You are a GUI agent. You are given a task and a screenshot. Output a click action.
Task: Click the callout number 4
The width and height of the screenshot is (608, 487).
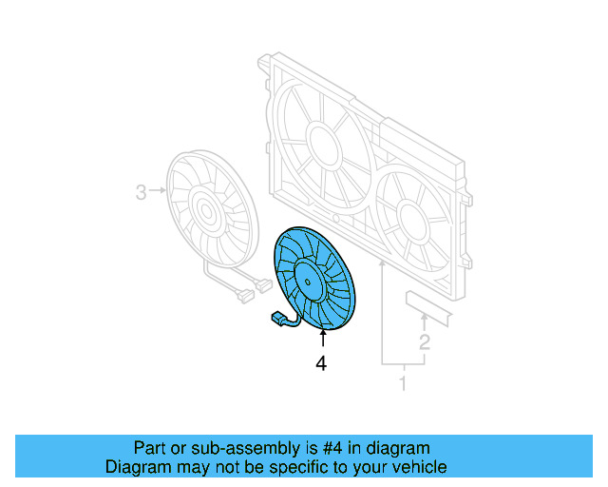[x=321, y=362]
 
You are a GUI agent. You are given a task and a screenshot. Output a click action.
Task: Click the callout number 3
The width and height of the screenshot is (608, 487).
[x=141, y=193]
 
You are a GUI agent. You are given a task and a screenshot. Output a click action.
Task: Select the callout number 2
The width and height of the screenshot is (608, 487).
[x=425, y=342]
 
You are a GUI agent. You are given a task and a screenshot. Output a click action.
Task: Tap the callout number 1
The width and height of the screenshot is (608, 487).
[x=402, y=384]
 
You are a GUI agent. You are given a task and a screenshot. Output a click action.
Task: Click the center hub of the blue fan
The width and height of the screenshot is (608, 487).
[x=308, y=278]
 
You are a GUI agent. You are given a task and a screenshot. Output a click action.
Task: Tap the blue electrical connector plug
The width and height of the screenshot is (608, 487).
[x=277, y=318]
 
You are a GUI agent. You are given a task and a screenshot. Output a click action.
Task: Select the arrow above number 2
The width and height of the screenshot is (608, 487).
[x=425, y=319]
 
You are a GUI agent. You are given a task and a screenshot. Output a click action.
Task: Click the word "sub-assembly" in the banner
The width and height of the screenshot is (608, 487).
[x=214, y=448]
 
